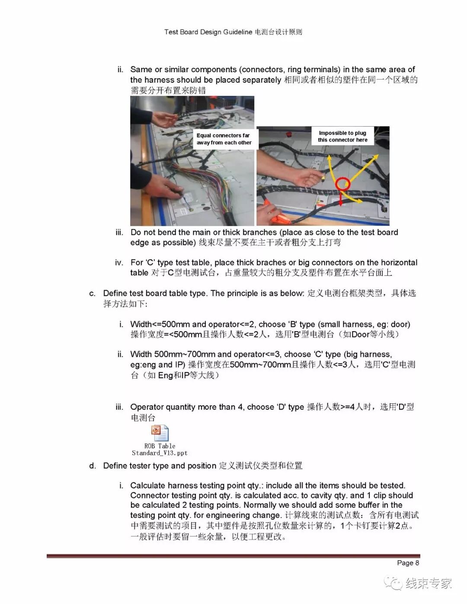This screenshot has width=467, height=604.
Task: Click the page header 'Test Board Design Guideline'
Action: (x=208, y=32)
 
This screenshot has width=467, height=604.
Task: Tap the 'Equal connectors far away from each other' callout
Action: (x=224, y=139)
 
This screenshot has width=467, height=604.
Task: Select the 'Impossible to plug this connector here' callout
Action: (x=342, y=136)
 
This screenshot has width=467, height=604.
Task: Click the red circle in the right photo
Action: (x=343, y=184)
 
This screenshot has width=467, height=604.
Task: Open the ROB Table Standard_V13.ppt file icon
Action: (x=160, y=433)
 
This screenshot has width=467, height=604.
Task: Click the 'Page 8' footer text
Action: (x=408, y=562)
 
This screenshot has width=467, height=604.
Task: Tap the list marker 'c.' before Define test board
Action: (x=92, y=294)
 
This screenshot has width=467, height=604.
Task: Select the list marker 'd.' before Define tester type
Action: (x=92, y=466)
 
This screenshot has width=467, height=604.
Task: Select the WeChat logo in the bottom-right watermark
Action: (x=393, y=583)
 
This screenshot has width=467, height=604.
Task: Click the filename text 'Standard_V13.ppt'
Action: (x=160, y=453)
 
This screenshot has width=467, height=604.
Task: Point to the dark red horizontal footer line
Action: (x=233, y=556)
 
